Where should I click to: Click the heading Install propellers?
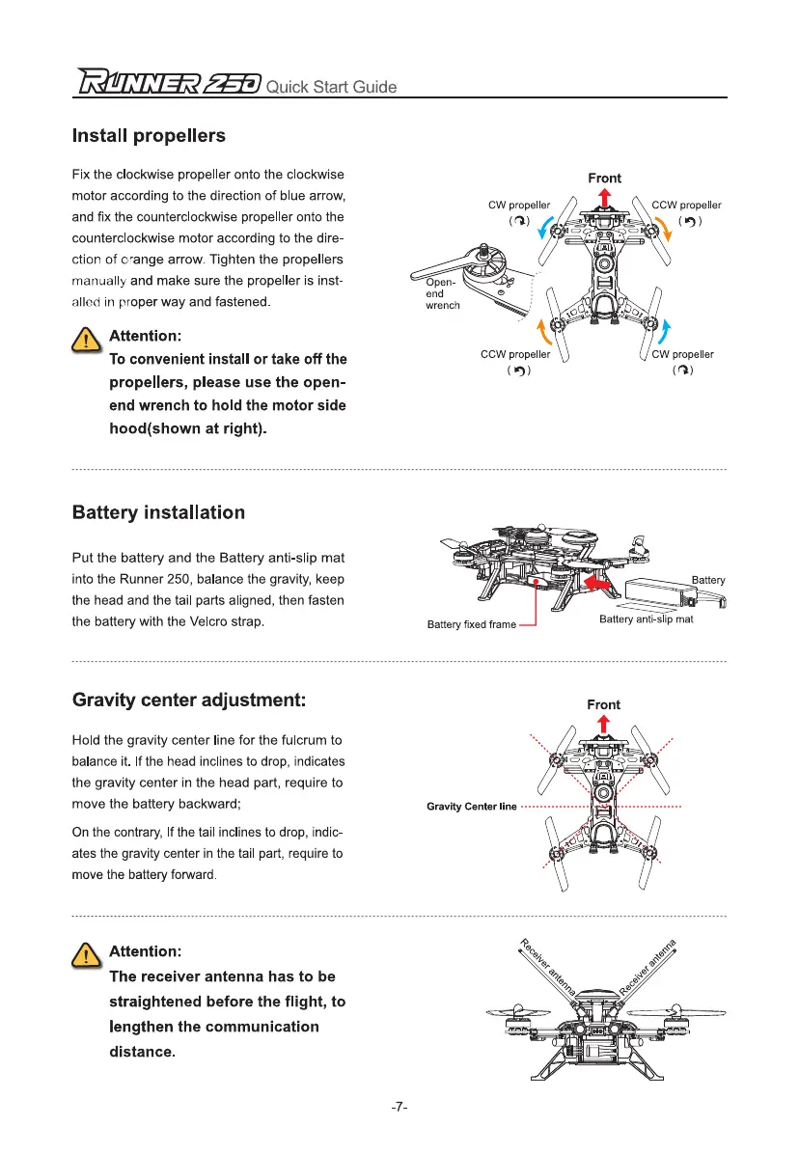click(x=149, y=136)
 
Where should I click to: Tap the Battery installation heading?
click(x=158, y=512)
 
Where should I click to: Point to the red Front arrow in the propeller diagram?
click(x=604, y=198)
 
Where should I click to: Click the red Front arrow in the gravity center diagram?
click(x=604, y=725)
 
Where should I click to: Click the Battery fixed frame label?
click(x=472, y=625)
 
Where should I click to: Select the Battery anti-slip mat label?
click(x=646, y=618)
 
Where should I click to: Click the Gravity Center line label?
click(x=472, y=806)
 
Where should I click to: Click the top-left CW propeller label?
click(x=519, y=205)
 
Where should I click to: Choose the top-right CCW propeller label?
click(x=686, y=205)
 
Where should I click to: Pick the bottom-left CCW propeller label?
click(x=515, y=354)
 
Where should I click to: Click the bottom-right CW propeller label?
click(x=683, y=354)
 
